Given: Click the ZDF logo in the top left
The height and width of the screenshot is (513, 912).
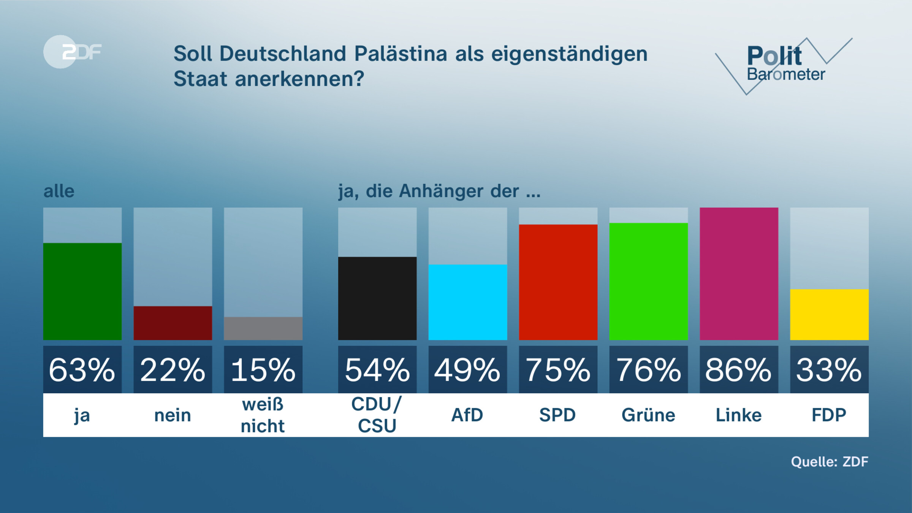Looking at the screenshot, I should [72, 52].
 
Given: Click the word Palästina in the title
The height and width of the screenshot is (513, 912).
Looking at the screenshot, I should [401, 54].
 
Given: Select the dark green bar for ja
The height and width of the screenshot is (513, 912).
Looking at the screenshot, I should [82, 291].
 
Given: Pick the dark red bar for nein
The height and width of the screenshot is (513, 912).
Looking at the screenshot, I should [173, 323].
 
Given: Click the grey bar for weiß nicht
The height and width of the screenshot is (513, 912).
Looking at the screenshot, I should [263, 328].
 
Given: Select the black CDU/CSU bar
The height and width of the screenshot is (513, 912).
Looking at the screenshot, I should [377, 298].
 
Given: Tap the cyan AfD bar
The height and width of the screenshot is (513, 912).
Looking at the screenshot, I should [468, 302].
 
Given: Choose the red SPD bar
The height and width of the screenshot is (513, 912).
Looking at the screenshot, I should [558, 282].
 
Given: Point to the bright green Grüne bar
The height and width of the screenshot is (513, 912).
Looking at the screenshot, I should [649, 282].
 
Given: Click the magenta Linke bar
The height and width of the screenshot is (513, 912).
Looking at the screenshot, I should [739, 274].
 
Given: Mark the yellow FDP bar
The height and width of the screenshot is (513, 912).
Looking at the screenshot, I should [830, 315].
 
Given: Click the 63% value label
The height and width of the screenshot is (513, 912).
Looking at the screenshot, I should [82, 370].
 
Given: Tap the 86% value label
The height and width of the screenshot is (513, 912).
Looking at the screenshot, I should [739, 370].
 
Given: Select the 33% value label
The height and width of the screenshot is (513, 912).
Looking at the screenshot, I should [830, 370].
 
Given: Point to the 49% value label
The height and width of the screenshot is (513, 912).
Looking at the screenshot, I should [468, 370].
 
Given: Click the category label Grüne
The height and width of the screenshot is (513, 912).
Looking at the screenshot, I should [649, 415].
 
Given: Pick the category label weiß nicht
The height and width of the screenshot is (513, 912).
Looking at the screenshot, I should [263, 415].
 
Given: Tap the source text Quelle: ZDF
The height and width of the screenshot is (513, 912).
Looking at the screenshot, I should [830, 462].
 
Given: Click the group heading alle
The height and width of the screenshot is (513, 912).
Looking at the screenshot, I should [59, 191].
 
